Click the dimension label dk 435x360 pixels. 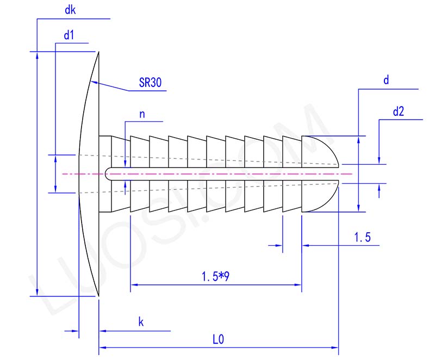(70, 10)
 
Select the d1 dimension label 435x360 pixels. (69, 36)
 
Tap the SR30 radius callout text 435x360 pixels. (150, 83)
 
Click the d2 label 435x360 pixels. (398, 113)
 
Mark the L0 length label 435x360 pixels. (218, 339)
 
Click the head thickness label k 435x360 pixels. (140, 322)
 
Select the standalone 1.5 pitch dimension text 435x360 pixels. (362, 237)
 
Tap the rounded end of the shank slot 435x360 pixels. (108, 174)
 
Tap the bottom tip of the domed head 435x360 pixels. (98, 295)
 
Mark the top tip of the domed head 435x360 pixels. (98, 53)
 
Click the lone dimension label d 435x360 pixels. (386, 80)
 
